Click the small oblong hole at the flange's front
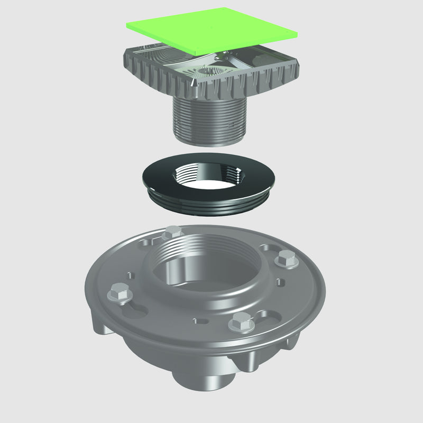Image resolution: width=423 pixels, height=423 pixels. coord(203,320)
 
